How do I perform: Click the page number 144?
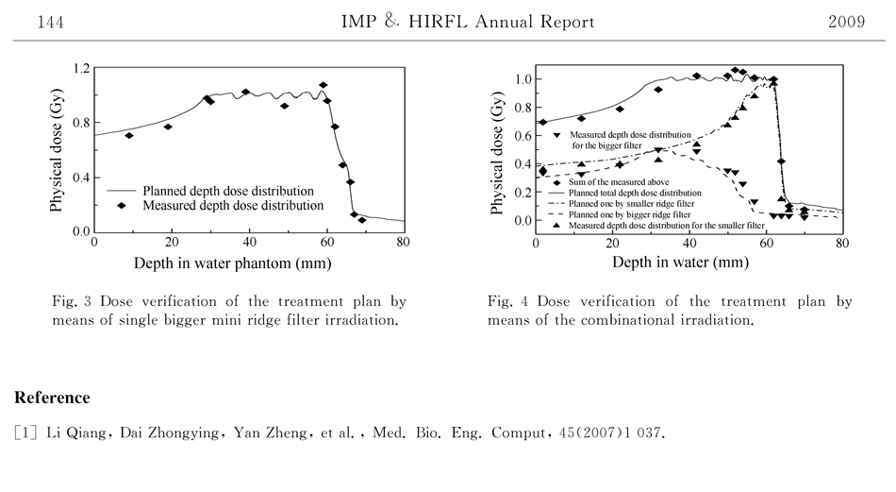coord(50,23)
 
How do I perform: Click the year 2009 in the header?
coord(846,23)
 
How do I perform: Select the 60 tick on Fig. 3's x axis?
coord(326,242)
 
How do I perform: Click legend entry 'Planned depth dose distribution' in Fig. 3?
coord(227,191)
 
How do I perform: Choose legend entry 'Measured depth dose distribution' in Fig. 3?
coord(232,205)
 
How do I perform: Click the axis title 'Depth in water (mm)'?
coord(680,262)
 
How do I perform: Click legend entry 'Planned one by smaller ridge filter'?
coord(631,203)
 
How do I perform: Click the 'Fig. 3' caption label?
coord(71,302)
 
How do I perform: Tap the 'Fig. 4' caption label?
coord(506,302)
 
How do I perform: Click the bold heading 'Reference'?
coord(52,398)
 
